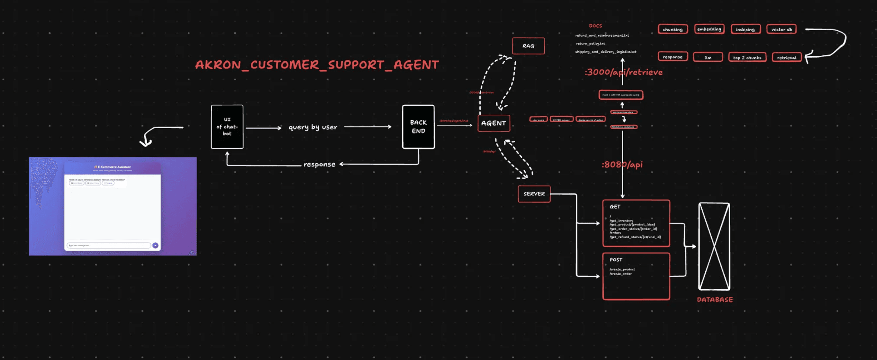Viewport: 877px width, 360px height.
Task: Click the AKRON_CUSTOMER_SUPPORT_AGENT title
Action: coord(317,65)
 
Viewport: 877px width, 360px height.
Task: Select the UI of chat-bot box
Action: coord(227,127)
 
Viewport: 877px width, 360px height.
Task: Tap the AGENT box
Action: coord(493,123)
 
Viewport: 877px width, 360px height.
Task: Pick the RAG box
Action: coord(528,46)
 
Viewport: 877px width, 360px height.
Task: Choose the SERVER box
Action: coord(534,194)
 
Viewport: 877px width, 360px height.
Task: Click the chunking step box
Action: coord(673,29)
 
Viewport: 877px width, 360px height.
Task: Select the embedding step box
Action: coord(709,29)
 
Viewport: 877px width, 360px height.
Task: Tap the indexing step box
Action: coord(745,29)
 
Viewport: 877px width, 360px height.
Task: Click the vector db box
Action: coord(781,29)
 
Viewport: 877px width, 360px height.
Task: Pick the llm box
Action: coord(708,58)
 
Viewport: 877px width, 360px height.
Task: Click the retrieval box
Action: coord(786,58)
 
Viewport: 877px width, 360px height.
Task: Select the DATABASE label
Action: coord(715,300)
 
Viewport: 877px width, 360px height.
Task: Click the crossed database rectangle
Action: coord(714,246)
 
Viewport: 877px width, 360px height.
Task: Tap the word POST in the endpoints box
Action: coord(616,260)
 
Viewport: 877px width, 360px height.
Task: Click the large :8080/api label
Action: coord(622,165)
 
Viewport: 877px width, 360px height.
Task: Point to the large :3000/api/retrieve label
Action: coord(623,72)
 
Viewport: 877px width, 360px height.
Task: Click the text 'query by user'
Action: coord(312,127)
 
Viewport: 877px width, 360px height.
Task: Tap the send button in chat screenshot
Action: coord(155,245)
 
